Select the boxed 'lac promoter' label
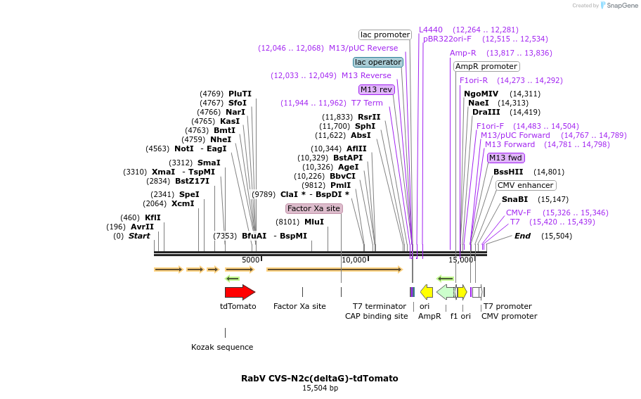pyautogui.click(x=385, y=34)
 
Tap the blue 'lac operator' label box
pyautogui.click(x=378, y=62)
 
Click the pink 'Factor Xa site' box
pyautogui.click(x=313, y=208)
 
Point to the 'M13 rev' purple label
pyautogui.click(x=376, y=89)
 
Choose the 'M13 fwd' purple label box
pyautogui.click(x=505, y=158)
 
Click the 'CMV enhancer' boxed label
pyautogui.click(x=525, y=185)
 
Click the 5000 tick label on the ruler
pyautogui.click(x=251, y=260)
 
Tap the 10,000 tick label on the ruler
pyautogui.click(x=354, y=260)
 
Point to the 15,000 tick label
pyautogui.click(x=460, y=260)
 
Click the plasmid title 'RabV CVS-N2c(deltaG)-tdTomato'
pyautogui.click(x=320, y=378)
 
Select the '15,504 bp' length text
pyautogui.click(x=320, y=388)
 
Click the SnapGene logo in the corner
pyautogui.click(x=619, y=6)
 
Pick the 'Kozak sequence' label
pyautogui.click(x=222, y=347)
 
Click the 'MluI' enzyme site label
pyautogui.click(x=314, y=222)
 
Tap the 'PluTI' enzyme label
pyautogui.click(x=240, y=94)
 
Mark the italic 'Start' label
pyautogui.click(x=139, y=236)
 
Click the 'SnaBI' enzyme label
pyautogui.click(x=514, y=199)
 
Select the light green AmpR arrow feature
pyautogui.click(x=446, y=292)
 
